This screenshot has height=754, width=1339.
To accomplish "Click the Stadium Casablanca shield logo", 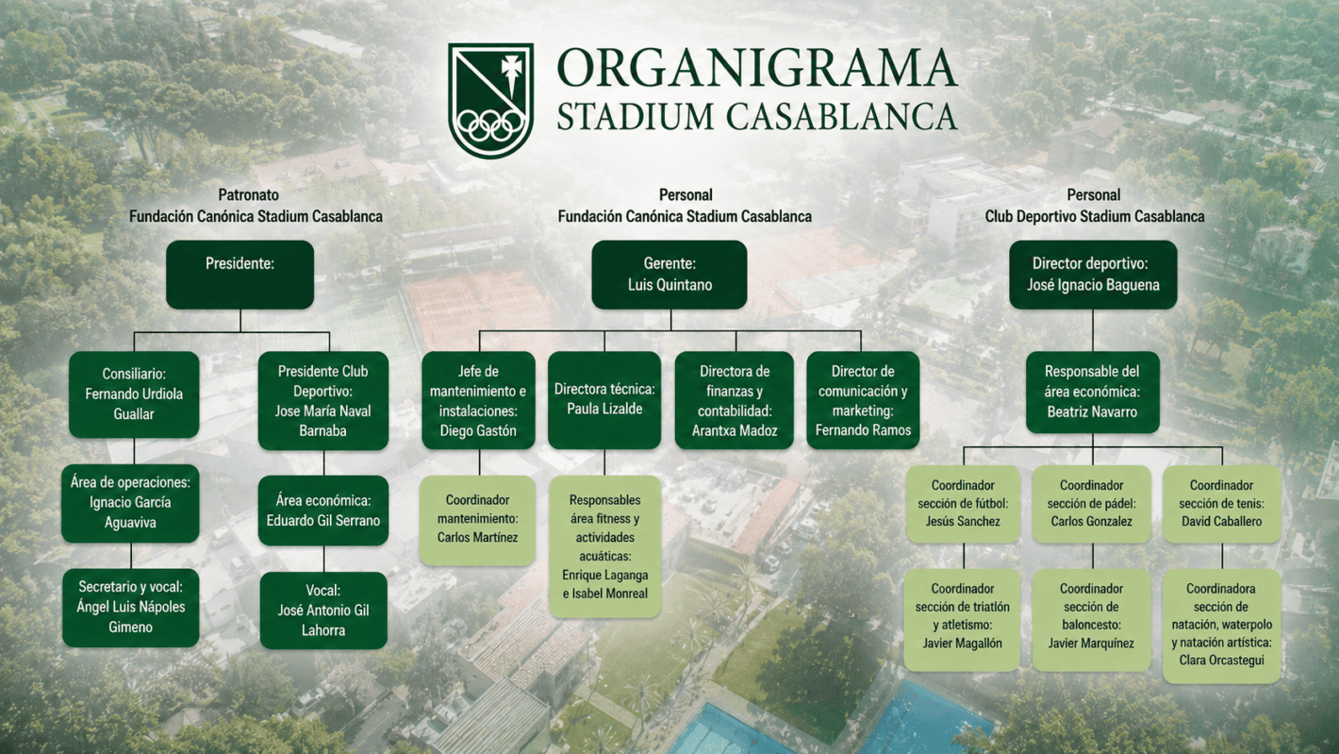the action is click(x=490, y=101).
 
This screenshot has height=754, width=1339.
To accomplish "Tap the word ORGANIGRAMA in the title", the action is click(x=757, y=68).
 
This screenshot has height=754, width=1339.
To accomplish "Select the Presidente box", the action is click(x=240, y=275).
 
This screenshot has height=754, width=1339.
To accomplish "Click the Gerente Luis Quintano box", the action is click(x=669, y=275).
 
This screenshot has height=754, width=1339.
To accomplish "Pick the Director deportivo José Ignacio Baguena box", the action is click(x=1093, y=275).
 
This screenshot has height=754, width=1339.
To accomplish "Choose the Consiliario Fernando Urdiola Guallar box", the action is click(x=134, y=394).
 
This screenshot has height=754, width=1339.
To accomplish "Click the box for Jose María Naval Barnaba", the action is click(x=323, y=400).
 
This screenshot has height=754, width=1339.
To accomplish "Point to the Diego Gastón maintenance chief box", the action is click(x=478, y=400).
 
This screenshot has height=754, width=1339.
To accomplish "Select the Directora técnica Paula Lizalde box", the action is click(x=604, y=400).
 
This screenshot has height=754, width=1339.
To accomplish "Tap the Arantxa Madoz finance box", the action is click(x=735, y=400).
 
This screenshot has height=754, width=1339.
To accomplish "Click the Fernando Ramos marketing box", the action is click(x=863, y=400).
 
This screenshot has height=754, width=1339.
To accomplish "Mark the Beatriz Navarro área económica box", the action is click(x=1093, y=392).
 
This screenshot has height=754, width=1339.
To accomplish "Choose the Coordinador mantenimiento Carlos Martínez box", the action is click(x=478, y=521).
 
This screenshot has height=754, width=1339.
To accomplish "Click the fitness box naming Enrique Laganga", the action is click(x=605, y=546).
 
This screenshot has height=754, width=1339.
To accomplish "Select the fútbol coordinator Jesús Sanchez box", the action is click(x=963, y=504).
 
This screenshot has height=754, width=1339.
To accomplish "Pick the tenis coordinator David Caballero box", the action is click(x=1222, y=504).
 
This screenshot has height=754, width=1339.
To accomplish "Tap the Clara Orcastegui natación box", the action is click(x=1222, y=626).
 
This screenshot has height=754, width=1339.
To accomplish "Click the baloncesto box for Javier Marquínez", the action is click(x=1092, y=620).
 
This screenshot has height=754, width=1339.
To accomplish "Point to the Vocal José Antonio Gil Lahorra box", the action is click(x=323, y=611).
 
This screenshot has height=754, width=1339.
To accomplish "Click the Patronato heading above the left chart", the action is click(x=248, y=195).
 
